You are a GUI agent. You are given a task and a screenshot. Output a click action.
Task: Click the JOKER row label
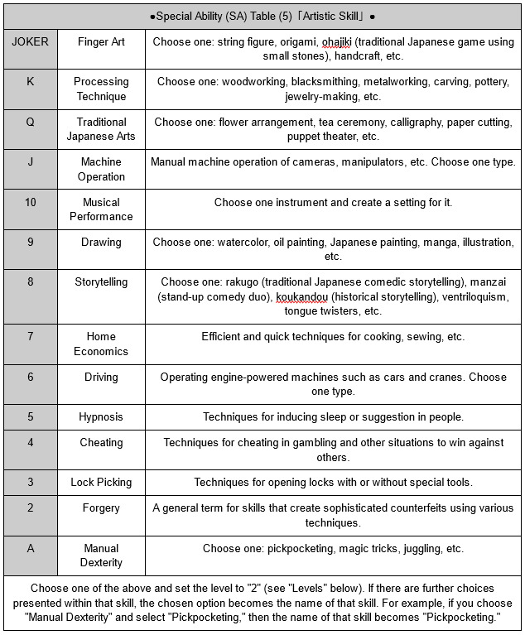coord(31,41)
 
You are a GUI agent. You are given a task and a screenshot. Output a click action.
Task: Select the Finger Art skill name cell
coord(101,41)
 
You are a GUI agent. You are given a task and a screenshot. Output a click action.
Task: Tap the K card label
coord(31,82)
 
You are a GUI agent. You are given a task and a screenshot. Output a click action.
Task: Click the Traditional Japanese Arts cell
coord(101,129)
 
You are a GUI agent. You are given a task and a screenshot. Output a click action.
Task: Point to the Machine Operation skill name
coord(101,169)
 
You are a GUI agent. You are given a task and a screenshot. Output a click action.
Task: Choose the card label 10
coord(31,202)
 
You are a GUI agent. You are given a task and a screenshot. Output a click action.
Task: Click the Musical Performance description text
coord(332,202)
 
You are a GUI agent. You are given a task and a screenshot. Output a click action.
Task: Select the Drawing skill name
coord(101,243)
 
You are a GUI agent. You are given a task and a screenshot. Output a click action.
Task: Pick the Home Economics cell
coord(101,344)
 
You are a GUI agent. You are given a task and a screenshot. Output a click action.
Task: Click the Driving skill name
coord(101,378)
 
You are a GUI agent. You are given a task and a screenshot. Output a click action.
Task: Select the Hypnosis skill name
coord(101,417)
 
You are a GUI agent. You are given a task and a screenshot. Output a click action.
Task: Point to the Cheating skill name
coord(101,443)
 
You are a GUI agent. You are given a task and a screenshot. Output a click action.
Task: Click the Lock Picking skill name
coord(101,482)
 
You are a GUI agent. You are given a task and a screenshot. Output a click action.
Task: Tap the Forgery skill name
coord(101,508)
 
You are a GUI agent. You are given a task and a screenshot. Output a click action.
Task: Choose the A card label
coord(31,548)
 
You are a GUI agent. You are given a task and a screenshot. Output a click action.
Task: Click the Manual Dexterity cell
coord(101,556)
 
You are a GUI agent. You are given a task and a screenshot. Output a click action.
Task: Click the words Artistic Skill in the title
coord(331,16)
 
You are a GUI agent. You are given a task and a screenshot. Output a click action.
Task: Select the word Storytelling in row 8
coord(101,282)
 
